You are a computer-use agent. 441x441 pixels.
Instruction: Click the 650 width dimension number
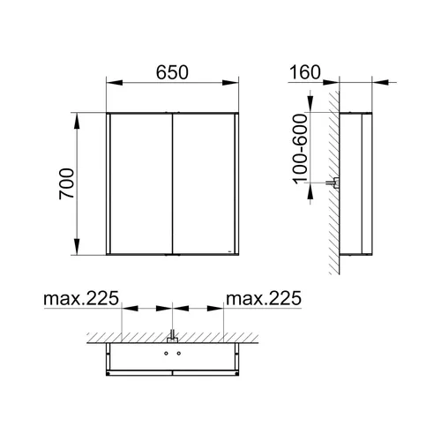tap(172, 72)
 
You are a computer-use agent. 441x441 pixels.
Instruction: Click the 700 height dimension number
tap(66, 183)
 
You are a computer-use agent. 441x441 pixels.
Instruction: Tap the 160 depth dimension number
tap(305, 72)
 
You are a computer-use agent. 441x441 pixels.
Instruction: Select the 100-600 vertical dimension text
tap(300, 149)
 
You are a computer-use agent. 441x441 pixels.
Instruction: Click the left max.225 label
tap(81, 298)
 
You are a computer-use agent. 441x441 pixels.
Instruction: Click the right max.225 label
tap(264, 298)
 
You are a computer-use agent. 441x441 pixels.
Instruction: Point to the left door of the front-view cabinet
tap(141, 183)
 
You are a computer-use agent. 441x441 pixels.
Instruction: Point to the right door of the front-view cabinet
tap(204, 183)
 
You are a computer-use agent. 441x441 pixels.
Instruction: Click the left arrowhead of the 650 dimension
tap(115, 83)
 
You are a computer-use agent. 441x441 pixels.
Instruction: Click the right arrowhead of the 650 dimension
tap(230, 83)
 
